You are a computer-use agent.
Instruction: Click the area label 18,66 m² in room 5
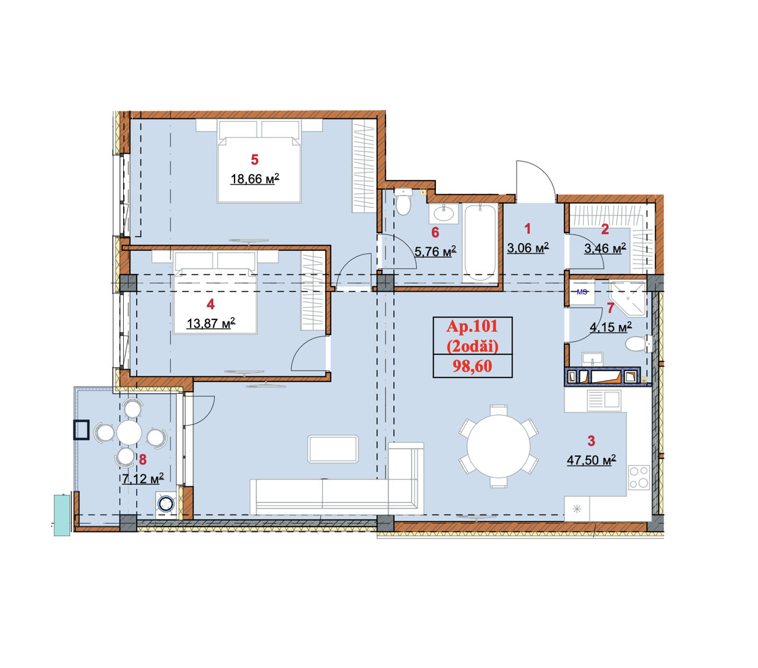click(255, 179)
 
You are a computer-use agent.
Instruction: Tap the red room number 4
click(211, 304)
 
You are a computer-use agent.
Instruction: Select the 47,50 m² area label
click(591, 460)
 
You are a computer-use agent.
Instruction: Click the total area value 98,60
click(472, 366)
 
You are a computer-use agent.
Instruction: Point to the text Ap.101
click(472, 327)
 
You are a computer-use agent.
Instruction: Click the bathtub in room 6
click(480, 243)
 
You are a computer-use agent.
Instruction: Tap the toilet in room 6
click(403, 202)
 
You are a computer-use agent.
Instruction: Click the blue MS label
click(582, 292)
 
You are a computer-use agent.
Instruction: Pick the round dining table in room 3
click(499, 446)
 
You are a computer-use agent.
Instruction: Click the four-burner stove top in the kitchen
click(639, 477)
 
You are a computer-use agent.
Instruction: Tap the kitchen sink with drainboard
click(604, 400)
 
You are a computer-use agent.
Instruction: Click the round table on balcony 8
click(129, 433)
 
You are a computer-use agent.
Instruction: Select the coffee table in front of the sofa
click(333, 449)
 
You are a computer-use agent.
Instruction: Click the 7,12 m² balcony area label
click(143, 479)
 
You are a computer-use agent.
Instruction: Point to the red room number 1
click(528, 229)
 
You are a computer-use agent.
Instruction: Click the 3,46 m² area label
click(605, 248)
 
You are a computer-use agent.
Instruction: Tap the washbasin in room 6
click(444, 214)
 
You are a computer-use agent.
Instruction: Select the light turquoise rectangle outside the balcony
click(62, 515)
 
